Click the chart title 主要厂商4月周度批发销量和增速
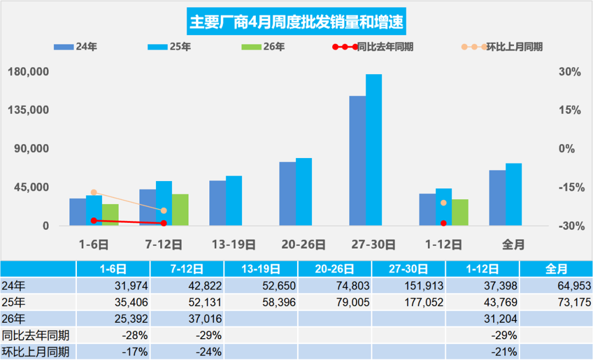[296, 22]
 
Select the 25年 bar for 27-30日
[373, 150]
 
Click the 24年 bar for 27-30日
[357, 161]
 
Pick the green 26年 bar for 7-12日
[180, 210]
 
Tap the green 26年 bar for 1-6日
[110, 215]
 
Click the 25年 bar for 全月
[513, 194]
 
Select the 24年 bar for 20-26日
[287, 194]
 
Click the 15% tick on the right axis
[570, 110]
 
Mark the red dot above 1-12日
[444, 223]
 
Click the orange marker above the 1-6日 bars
[94, 192]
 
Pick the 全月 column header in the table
[556, 269]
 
